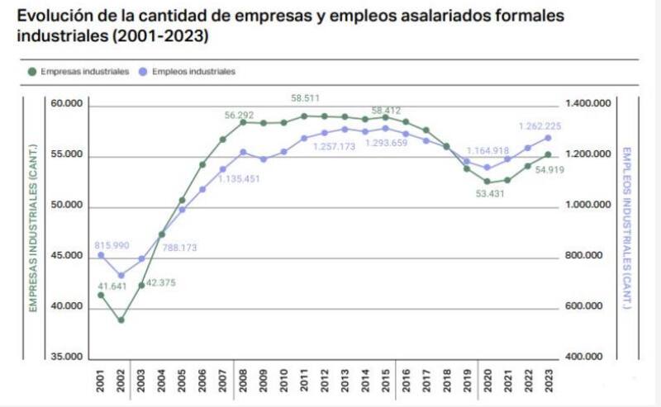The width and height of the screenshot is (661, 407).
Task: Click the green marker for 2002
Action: (121, 320)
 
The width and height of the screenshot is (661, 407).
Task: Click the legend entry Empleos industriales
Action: (193, 72)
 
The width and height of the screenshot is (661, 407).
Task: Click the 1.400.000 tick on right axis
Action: (587, 104)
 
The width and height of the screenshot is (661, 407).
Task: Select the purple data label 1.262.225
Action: (540, 126)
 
